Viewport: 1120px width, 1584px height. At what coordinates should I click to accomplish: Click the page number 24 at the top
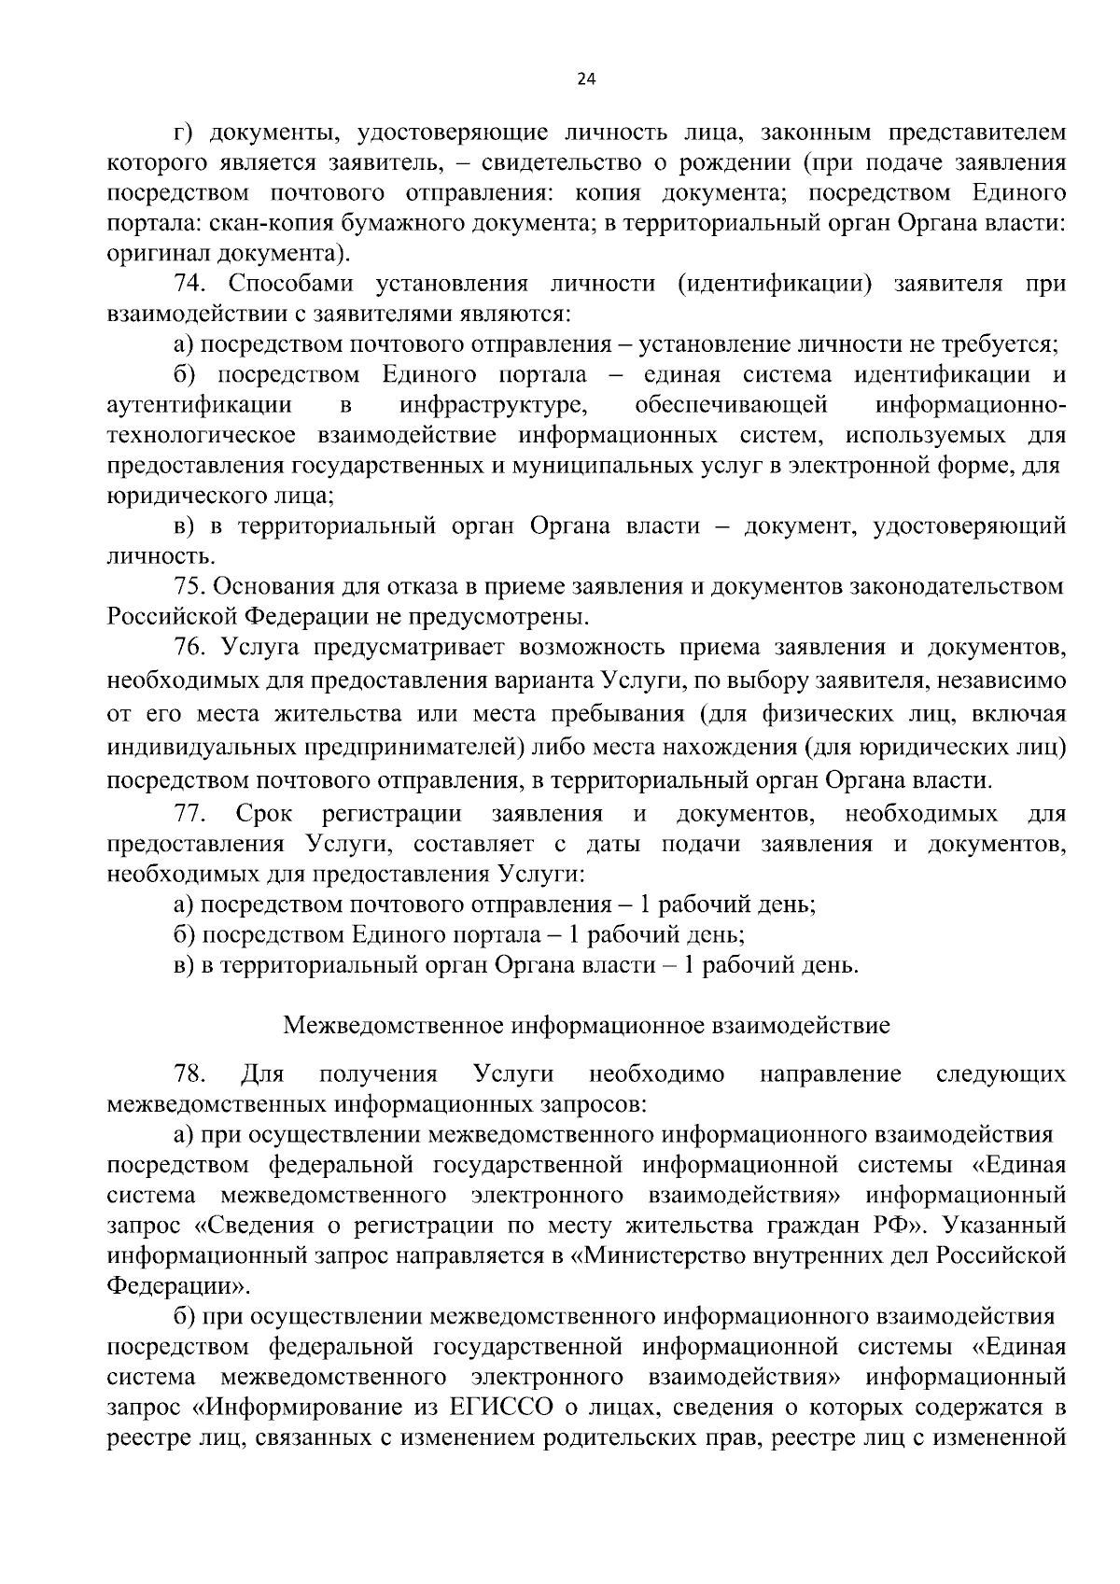coord(586,79)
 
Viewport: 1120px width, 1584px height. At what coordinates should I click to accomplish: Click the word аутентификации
coord(199,405)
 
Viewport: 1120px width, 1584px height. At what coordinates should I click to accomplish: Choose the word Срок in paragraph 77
coord(264,814)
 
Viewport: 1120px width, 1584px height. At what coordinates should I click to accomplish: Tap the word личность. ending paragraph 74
coord(161,557)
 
